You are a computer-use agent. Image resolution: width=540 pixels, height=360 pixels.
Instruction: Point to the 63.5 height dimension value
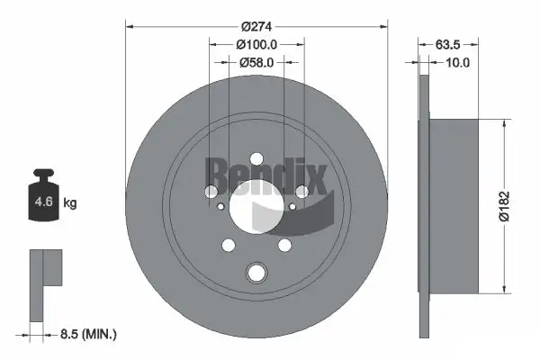(x=448, y=42)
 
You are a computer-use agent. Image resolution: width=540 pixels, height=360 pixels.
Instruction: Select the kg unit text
(x=70, y=203)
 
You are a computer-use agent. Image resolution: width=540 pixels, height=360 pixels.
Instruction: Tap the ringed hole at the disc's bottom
(x=256, y=274)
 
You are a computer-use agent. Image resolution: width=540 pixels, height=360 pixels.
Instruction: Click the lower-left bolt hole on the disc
(x=228, y=246)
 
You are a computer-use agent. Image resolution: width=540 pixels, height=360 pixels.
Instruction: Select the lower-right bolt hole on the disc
(x=284, y=245)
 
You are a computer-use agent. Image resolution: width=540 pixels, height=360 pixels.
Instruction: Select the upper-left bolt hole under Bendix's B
(x=211, y=190)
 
